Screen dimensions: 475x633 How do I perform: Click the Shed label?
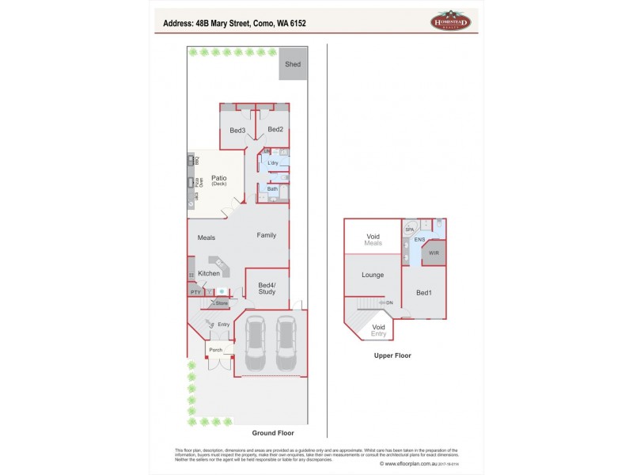pos(293,65)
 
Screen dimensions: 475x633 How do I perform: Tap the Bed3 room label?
pos(237,130)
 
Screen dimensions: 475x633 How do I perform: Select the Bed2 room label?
pos(275,130)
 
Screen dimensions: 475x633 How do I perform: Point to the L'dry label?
pos(273,163)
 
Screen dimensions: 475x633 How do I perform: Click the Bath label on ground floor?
pos(272,189)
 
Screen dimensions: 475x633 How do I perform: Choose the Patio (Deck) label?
pos(218,180)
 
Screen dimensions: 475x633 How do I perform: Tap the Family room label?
pos(266,235)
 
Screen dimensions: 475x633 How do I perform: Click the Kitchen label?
pos(209,273)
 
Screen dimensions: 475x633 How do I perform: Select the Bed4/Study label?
pos(267,287)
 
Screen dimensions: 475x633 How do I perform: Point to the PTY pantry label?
pos(195,293)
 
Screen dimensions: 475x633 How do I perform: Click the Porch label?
pos(215,349)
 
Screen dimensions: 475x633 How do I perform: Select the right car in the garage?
pos(286,344)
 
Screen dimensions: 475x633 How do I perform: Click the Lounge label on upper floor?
pos(373,275)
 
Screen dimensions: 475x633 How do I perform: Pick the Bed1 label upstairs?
pos(424,293)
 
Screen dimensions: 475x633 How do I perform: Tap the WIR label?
pos(434,253)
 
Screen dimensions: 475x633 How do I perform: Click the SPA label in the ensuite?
pos(409,229)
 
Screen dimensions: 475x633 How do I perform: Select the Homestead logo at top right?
pos(450,22)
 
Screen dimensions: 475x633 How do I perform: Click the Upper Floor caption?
pos(392,355)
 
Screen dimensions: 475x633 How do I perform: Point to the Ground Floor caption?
pos(273,433)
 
